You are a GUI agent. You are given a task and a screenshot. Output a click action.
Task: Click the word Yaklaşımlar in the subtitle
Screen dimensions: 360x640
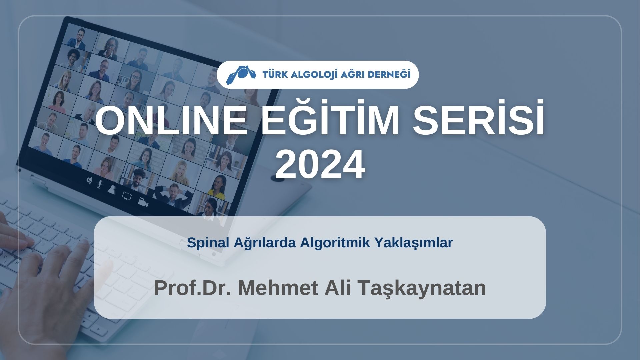pos(414,243)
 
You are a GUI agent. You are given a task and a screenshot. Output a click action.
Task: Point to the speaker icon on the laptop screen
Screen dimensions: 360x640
pos(89,180)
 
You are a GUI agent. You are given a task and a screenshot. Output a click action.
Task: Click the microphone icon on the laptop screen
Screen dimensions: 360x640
pos(99,184)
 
